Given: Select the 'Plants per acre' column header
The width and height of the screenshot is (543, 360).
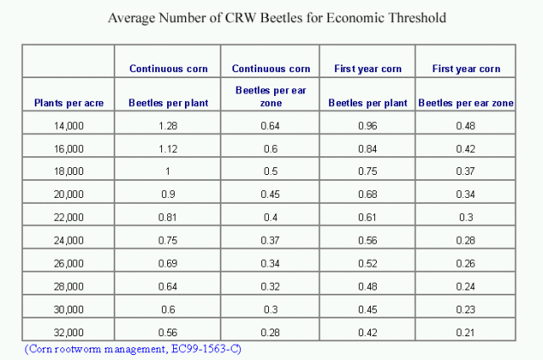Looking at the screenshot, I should (x=69, y=103).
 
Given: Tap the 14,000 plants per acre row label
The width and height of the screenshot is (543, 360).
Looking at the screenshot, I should (x=69, y=127).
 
